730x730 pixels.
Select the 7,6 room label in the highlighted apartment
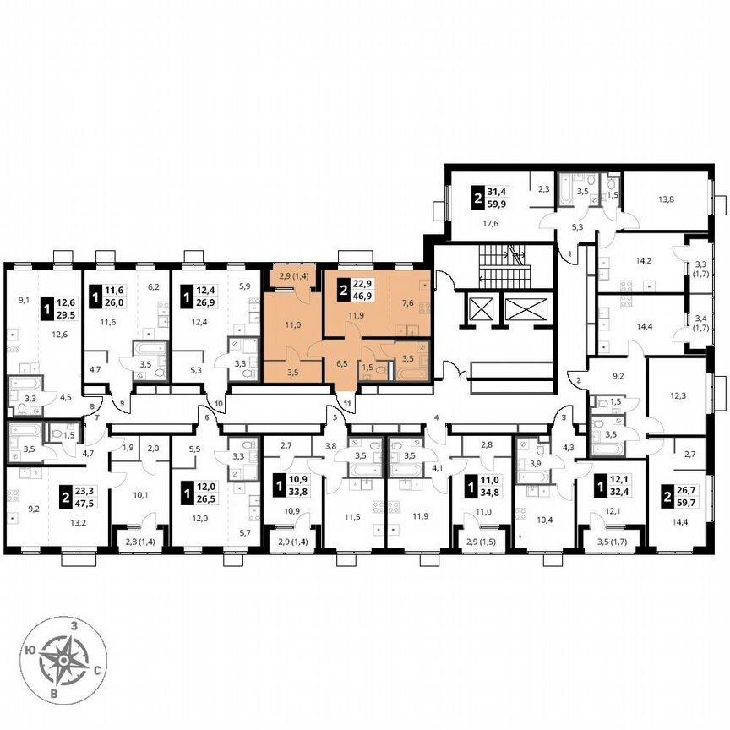408,304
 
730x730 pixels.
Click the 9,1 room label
23,299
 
